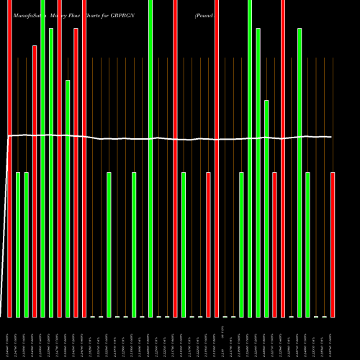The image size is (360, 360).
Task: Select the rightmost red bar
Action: [x=333, y=245]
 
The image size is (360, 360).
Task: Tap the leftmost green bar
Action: [x=18, y=245]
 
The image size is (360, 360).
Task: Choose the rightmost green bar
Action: [x=308, y=245]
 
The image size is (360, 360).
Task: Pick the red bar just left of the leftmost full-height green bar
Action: [x=35, y=180]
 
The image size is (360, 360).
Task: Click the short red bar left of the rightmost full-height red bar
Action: [x=274, y=245]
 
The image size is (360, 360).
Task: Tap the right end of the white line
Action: [x=332, y=137]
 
